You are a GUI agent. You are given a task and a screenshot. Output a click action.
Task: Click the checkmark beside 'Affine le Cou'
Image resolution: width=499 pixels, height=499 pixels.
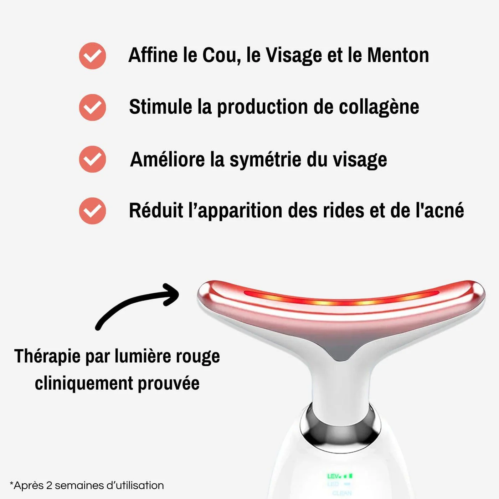click(x=92, y=56)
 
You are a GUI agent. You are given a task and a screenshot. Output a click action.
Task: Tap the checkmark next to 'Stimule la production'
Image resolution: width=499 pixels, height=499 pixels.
click(x=92, y=107)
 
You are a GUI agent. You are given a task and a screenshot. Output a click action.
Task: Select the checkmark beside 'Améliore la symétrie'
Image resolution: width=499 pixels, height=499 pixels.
click(x=92, y=159)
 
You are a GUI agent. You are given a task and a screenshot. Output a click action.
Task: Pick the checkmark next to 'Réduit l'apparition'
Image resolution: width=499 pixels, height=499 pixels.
click(x=92, y=211)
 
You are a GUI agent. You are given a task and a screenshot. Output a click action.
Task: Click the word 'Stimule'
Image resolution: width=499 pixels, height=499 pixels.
click(x=160, y=107)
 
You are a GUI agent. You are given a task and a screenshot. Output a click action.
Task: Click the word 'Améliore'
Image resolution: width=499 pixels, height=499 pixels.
click(x=167, y=159)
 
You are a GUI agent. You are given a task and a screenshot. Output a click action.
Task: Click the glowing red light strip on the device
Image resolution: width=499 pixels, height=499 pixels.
click(x=340, y=301)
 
